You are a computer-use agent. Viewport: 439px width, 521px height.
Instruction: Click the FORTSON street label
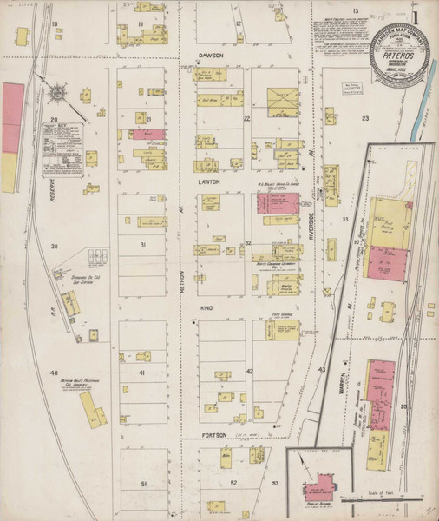(212, 434)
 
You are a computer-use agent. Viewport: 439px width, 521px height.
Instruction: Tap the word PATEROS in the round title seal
(396, 52)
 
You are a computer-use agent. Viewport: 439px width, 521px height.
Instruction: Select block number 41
(140, 372)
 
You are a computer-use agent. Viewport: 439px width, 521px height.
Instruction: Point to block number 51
(145, 483)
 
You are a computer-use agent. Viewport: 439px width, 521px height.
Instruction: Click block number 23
(365, 117)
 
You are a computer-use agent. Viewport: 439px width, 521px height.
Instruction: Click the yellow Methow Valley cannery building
(90, 407)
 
